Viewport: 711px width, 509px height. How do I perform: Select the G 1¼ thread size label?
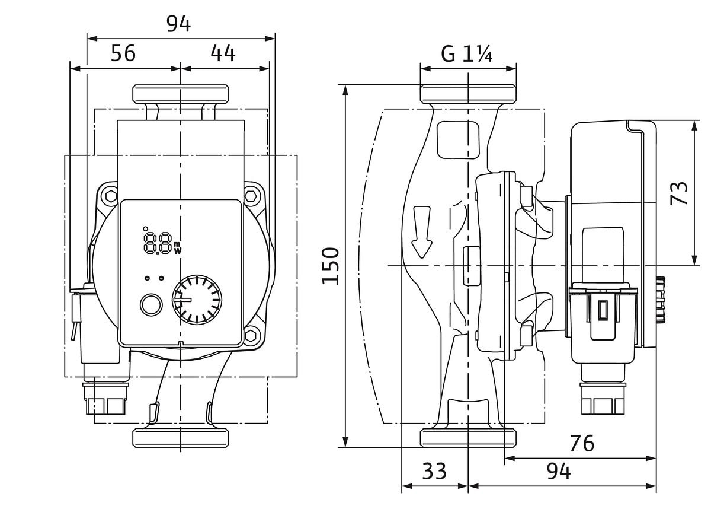tap(467, 55)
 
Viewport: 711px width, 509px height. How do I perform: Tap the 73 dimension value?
tap(681, 193)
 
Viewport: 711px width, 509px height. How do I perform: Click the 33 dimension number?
tap(434, 472)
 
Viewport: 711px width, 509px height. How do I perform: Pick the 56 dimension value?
tap(123, 53)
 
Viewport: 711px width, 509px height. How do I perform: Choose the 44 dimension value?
tap(223, 53)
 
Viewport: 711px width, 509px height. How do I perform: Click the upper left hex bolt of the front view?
tap(110, 195)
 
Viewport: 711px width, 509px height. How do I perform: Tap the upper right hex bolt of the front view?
tap(251, 195)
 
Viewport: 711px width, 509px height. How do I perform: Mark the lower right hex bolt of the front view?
tap(251, 336)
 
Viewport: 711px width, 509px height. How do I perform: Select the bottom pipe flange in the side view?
tap(467, 438)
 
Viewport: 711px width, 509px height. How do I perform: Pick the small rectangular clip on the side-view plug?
tap(603, 310)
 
